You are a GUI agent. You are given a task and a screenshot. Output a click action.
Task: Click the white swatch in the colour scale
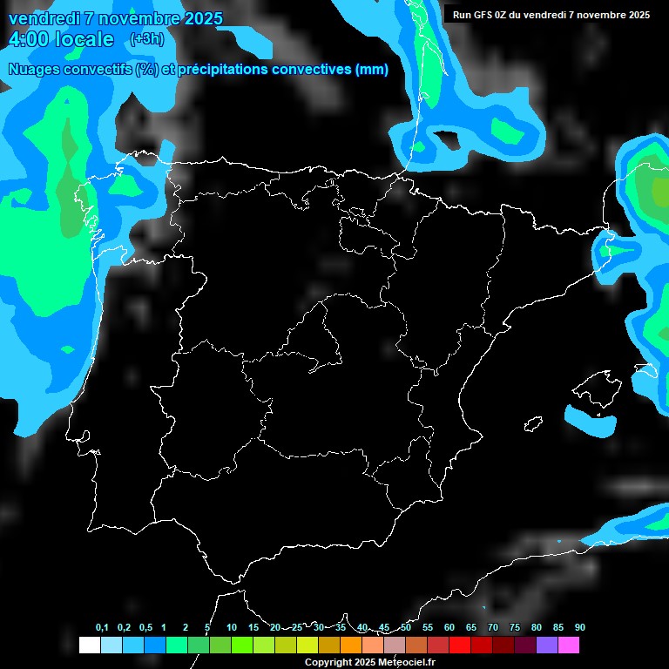pos(89,645)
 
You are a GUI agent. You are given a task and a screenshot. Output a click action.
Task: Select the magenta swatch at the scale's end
pos(569,645)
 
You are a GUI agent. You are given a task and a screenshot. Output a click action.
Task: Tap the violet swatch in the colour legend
pos(547,645)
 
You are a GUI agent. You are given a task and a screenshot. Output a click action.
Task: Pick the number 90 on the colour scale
pos(579,628)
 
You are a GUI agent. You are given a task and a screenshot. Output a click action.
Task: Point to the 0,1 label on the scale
pos(102,628)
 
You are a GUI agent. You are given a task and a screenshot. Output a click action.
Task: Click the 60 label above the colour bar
pos(449,628)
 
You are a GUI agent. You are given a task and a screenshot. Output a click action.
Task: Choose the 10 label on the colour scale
pos(231,628)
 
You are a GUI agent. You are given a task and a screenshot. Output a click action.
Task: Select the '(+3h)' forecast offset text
pos(145,39)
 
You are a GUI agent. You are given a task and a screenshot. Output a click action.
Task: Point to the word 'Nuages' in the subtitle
pos(34,70)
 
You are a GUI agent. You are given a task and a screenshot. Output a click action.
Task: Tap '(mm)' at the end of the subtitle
pos(372,70)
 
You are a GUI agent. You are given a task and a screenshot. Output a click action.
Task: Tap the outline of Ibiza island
pos(533,424)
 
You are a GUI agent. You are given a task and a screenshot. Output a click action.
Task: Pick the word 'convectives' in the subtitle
pos(308,70)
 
